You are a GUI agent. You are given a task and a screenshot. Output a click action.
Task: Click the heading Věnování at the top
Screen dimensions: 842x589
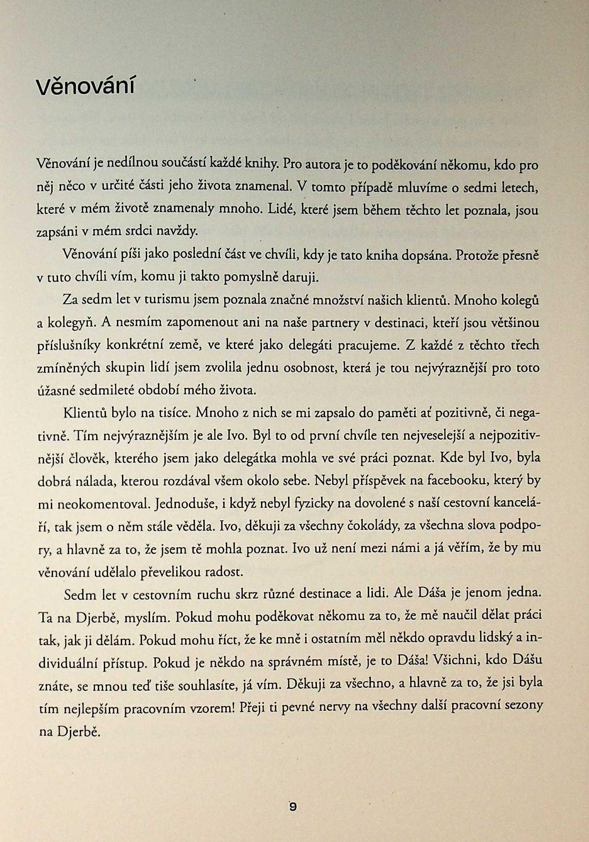[86, 86]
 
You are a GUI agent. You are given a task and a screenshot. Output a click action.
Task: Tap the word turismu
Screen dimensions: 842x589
[166, 300]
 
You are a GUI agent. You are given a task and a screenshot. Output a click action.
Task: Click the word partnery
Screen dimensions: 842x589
[334, 323]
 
